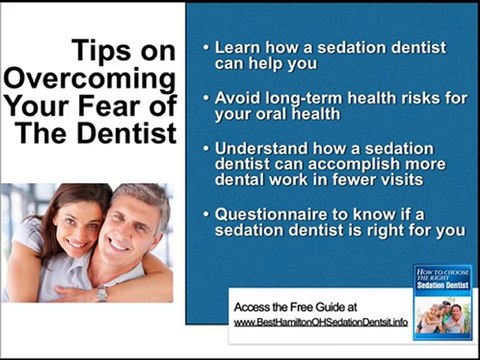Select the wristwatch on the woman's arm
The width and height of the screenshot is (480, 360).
click(x=101, y=294)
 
